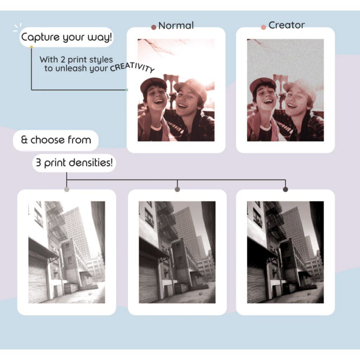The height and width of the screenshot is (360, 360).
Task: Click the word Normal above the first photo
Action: click(176, 26)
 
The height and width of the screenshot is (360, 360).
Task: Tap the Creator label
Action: click(287, 25)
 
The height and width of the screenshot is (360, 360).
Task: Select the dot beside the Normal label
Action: click(153, 27)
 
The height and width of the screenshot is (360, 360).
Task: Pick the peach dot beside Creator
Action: click(263, 27)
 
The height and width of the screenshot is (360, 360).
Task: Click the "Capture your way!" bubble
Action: click(67, 37)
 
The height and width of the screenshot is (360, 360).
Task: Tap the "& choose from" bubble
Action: click(56, 140)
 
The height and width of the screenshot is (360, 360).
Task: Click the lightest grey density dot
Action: click(66, 189)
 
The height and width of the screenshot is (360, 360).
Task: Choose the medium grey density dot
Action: click(177, 189)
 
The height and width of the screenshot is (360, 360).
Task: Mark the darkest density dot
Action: click(285, 189)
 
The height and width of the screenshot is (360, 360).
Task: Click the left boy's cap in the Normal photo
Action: click(153, 83)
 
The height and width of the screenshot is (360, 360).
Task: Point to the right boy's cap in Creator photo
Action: click(299, 86)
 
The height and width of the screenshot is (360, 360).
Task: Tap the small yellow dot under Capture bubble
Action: click(31, 47)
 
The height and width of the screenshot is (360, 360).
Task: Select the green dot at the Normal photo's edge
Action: click(127, 90)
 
